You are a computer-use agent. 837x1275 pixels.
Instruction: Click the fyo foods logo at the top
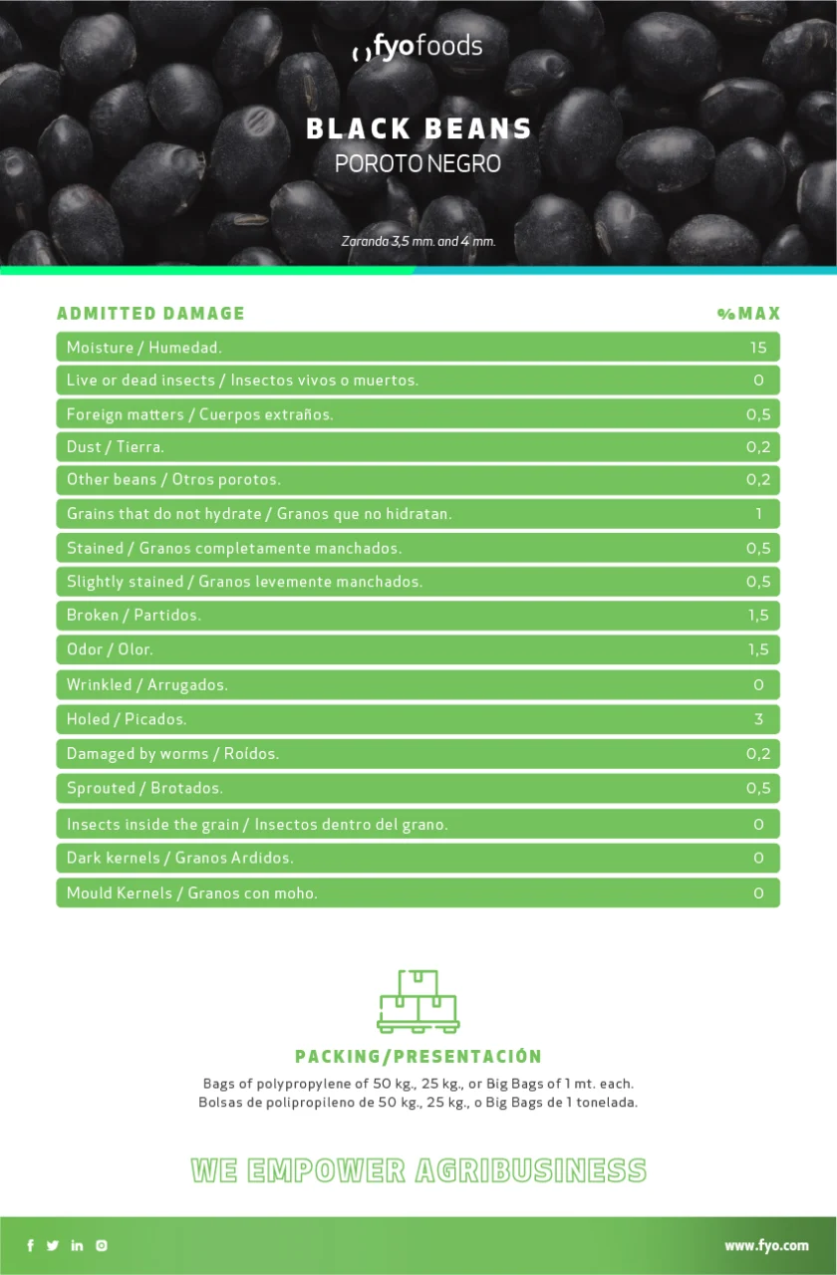(x=418, y=47)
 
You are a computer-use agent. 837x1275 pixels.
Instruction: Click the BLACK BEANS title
(x=418, y=128)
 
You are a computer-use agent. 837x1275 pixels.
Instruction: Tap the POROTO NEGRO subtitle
(x=418, y=163)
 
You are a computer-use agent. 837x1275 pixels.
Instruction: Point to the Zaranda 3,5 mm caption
(x=418, y=241)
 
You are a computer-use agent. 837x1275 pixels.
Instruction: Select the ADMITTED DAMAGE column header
(x=150, y=313)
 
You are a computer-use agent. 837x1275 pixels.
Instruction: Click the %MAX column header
(x=748, y=314)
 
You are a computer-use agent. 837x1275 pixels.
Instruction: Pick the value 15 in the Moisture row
(x=758, y=348)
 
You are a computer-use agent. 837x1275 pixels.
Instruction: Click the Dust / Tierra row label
(x=116, y=447)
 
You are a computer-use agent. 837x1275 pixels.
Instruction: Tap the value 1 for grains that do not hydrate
(x=758, y=514)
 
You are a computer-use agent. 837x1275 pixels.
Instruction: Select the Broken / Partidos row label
(x=134, y=616)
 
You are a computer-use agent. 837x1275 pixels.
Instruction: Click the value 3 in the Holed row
(x=758, y=719)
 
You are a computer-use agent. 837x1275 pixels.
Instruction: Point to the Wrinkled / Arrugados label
(x=146, y=685)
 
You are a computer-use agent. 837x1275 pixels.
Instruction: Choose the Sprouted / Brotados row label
(x=144, y=788)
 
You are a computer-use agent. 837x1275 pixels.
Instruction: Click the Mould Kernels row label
(x=191, y=893)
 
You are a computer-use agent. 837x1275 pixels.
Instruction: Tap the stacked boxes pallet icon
(x=418, y=1001)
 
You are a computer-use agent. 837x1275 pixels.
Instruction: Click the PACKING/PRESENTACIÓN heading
(x=418, y=1057)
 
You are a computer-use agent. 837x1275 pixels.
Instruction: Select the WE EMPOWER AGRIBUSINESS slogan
(x=418, y=1170)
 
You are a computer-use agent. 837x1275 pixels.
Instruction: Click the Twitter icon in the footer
(x=53, y=1245)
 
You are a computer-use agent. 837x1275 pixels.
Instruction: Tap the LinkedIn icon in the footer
(x=77, y=1245)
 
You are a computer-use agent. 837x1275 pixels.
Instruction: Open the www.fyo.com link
(x=766, y=1245)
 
